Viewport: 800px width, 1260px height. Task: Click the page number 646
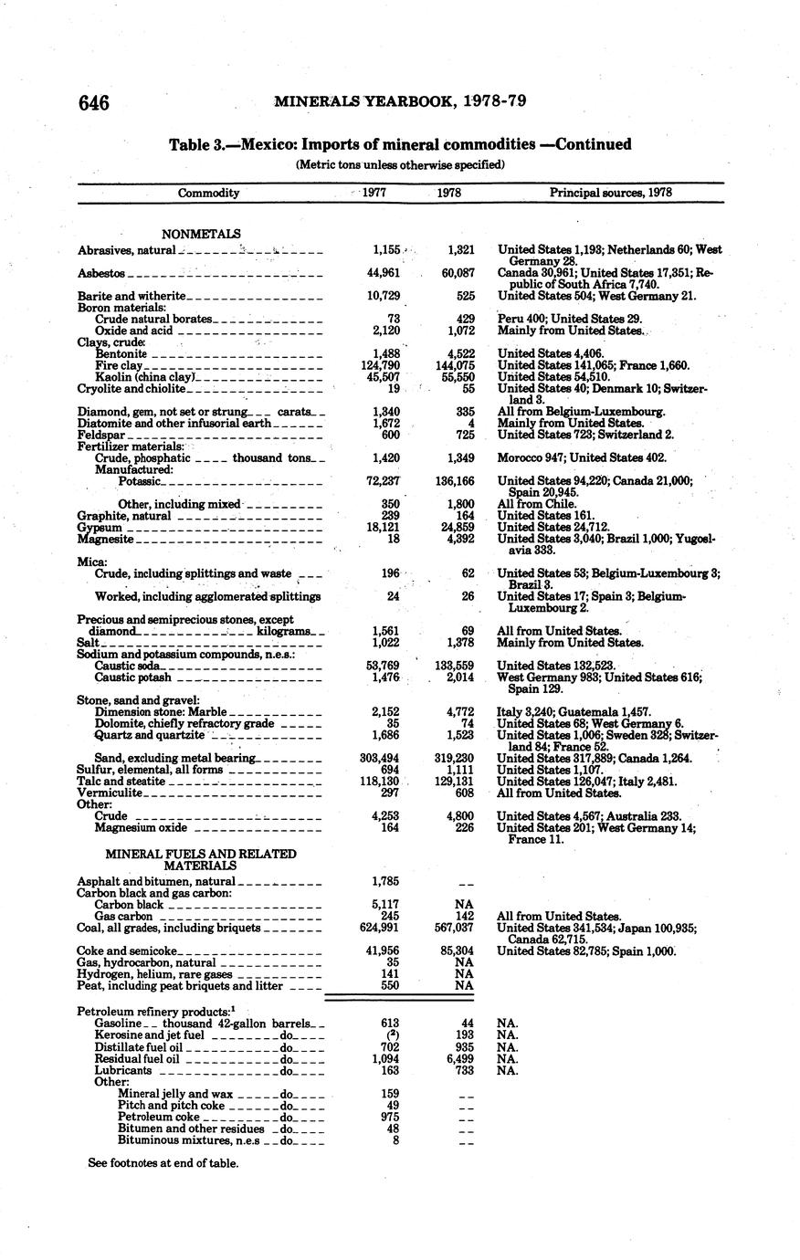[94, 102]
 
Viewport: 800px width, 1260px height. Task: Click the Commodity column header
[208, 193]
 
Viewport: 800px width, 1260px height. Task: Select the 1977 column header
[374, 193]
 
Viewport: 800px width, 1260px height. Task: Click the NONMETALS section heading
[201, 234]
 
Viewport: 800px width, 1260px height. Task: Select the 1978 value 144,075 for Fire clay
[455, 365]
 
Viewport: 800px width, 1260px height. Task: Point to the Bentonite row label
[121, 353]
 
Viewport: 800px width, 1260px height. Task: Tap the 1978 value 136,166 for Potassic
[455, 480]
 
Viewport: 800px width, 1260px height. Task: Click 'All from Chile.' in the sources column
[537, 503]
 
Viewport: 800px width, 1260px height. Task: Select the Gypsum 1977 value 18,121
[384, 527]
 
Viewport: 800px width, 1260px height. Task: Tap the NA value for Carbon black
[464, 904]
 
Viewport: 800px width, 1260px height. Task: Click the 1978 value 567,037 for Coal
[455, 927]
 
